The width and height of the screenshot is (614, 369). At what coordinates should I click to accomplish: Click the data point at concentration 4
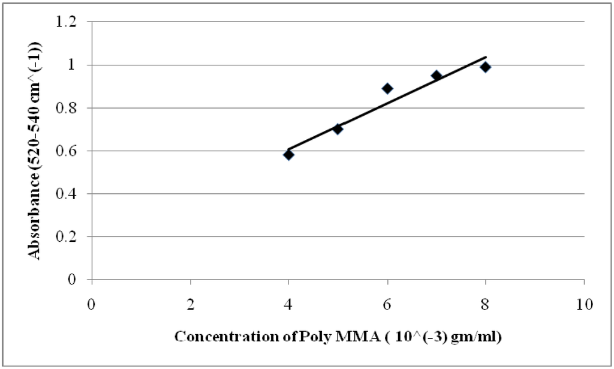(x=288, y=155)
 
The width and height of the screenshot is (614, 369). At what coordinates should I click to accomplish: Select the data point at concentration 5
(x=338, y=129)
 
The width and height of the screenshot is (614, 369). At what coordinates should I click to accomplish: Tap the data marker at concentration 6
(x=387, y=88)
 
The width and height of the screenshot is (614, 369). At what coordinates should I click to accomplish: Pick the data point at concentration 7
(x=437, y=76)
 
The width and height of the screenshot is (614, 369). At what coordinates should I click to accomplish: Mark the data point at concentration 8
(x=486, y=67)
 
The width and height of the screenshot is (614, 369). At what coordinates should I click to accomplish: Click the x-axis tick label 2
(x=190, y=305)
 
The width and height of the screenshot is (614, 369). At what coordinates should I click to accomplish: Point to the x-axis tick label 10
(x=584, y=305)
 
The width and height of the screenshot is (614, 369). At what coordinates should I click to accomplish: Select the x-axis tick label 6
(x=387, y=305)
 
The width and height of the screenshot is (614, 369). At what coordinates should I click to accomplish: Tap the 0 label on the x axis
(x=91, y=305)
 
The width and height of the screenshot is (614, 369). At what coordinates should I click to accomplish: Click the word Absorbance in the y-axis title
(x=36, y=223)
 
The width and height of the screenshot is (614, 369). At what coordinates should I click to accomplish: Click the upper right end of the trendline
(x=485, y=57)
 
